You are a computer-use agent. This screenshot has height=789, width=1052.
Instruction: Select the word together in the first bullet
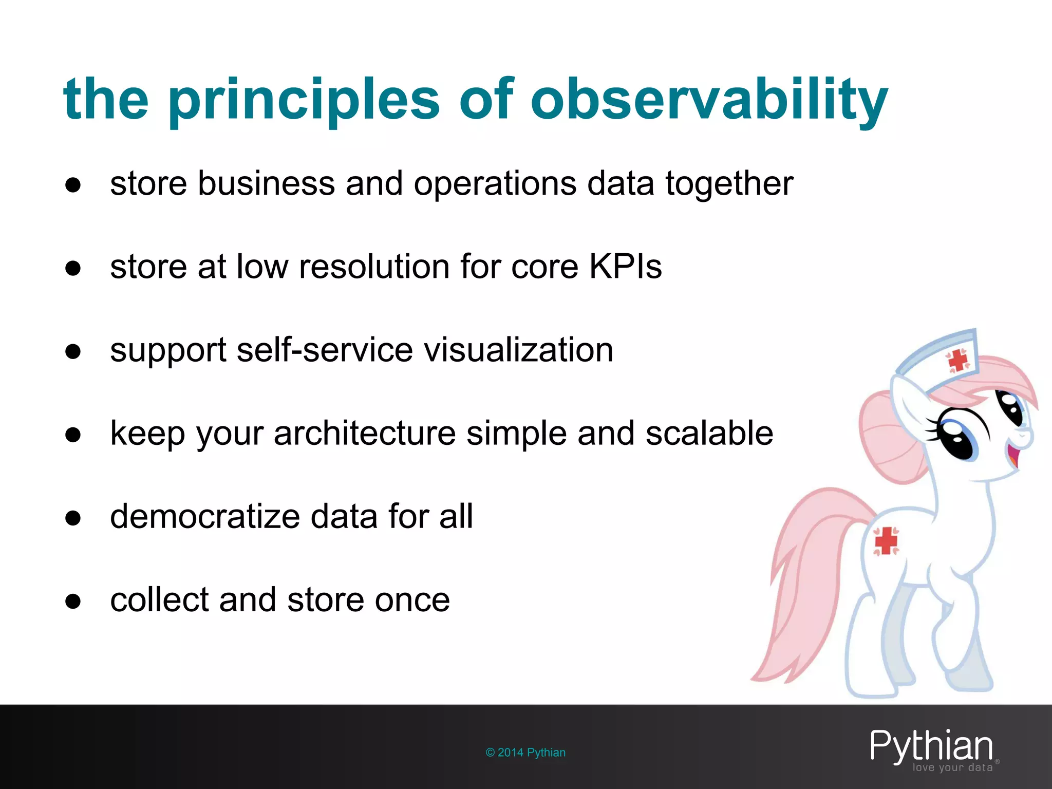(729, 183)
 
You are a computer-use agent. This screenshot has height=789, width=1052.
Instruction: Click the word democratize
(204, 516)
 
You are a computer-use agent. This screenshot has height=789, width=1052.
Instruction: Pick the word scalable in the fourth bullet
(709, 433)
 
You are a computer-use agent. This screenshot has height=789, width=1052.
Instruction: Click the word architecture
(365, 433)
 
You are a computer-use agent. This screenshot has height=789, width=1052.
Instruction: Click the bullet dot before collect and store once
(73, 600)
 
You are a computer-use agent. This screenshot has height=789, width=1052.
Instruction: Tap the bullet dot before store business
(73, 184)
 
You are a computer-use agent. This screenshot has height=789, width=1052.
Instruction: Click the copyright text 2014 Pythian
(525, 753)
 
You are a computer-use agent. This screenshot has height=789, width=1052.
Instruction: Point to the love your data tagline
(952, 767)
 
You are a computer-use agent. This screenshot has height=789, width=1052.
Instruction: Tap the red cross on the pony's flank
(886, 541)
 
